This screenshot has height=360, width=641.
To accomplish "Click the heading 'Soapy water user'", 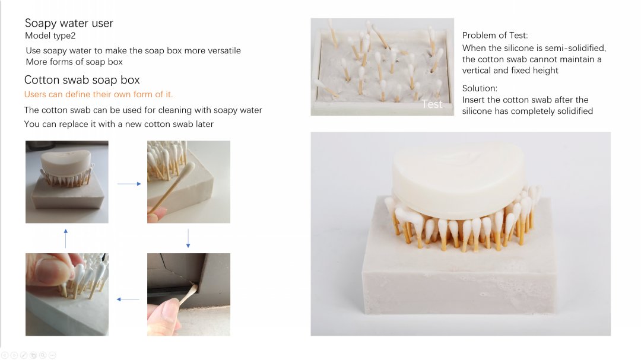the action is click(69, 23).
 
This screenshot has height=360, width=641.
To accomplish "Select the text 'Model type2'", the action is click(50, 36).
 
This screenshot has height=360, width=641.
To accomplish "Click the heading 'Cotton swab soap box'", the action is click(82, 79).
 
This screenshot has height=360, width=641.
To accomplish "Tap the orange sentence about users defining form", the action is click(99, 94).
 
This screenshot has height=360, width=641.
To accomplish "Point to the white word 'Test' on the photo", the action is click(431, 104).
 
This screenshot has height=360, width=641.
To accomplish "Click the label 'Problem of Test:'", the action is click(495, 36).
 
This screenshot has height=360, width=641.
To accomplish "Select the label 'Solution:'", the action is click(480, 88).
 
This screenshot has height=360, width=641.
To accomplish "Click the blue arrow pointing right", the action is click(129, 184).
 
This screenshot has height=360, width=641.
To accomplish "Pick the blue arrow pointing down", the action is click(188, 238).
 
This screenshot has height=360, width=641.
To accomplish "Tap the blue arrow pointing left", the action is click(128, 299).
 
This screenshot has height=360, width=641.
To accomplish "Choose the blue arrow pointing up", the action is click(66, 238).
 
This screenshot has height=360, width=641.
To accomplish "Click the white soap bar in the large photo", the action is click(459, 182).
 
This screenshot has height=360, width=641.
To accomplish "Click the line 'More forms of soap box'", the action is click(74, 62).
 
